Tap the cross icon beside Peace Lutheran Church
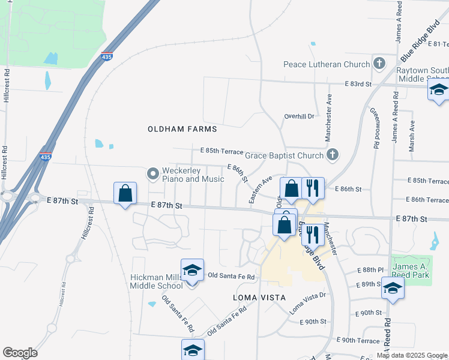coord(379,63)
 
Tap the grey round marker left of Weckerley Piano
coord(152,173)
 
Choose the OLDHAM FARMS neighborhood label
coord(182,128)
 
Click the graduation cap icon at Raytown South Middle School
coord(438,91)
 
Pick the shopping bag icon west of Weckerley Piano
coord(125,194)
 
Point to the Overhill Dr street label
coord(299,116)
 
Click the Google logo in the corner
coord(20,353)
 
